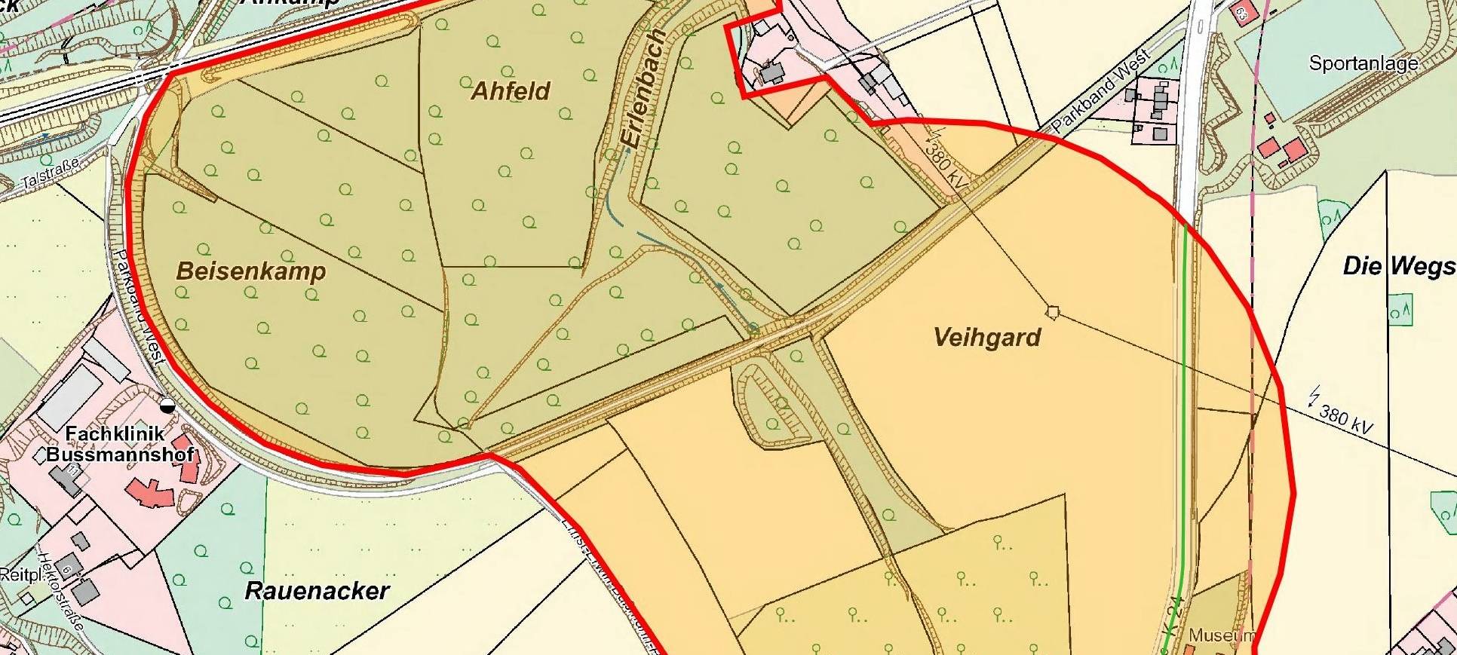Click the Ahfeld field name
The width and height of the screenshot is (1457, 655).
(x=511, y=91)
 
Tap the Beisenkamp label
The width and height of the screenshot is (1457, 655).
(x=251, y=271)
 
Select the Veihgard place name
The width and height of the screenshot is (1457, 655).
(x=987, y=337)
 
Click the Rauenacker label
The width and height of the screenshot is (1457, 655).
(x=317, y=591)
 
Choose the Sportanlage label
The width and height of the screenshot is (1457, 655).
(x=1363, y=63)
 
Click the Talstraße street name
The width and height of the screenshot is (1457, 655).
(x=50, y=173)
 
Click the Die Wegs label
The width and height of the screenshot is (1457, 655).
(x=1399, y=266)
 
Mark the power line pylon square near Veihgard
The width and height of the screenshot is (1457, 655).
(x=1053, y=312)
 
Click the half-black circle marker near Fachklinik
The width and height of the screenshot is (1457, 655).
(x=167, y=406)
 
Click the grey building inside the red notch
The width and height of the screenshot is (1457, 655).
(x=771, y=73)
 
